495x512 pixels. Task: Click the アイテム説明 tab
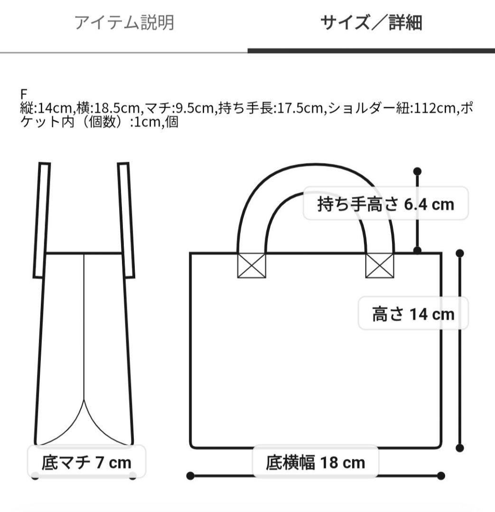(124, 23)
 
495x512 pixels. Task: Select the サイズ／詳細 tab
(371, 23)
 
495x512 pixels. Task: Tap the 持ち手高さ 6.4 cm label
(385, 204)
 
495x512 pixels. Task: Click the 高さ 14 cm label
(413, 314)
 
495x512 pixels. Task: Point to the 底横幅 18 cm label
(315, 462)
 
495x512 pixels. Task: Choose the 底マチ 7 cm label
(86, 462)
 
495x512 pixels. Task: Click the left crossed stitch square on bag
(252, 265)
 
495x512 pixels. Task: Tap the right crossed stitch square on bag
(380, 265)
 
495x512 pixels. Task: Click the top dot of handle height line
(418, 171)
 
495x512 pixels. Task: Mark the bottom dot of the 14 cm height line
(459, 448)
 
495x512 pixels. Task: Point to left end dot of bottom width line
(190, 475)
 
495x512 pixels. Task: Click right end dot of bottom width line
(441, 475)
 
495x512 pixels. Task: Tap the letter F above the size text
(23, 94)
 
